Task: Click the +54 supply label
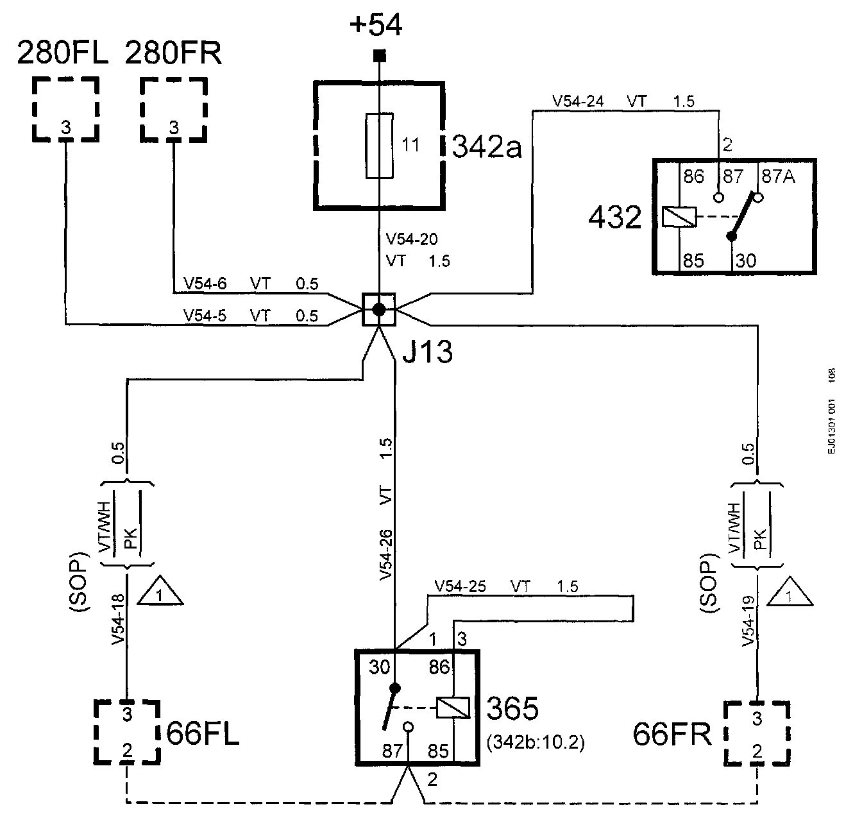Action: pyautogui.click(x=376, y=24)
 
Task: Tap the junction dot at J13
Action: pyautogui.click(x=379, y=309)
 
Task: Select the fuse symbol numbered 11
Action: pyautogui.click(x=379, y=146)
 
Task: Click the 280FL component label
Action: pyautogui.click(x=62, y=53)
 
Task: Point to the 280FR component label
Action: pyautogui.click(x=173, y=53)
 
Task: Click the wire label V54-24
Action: pyautogui.click(x=578, y=101)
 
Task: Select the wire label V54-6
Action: pyautogui.click(x=205, y=283)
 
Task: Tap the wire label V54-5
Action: pyautogui.click(x=205, y=316)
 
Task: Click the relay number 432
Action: pyautogui.click(x=615, y=217)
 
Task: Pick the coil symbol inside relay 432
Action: pyautogui.click(x=679, y=217)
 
